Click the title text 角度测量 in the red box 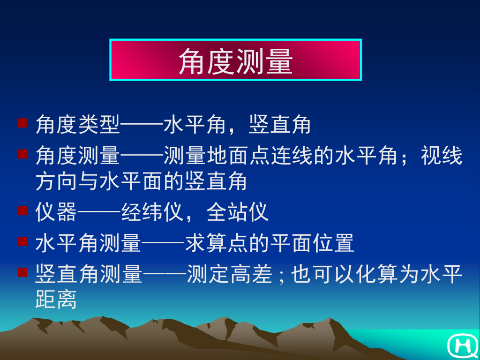(235, 60)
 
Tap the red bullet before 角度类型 (22, 123)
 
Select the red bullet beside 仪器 (22, 210)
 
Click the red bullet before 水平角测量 (22, 242)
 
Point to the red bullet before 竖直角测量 (22, 272)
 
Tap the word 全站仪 (238, 212)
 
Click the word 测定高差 (229, 275)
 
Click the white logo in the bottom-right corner (462, 346)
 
